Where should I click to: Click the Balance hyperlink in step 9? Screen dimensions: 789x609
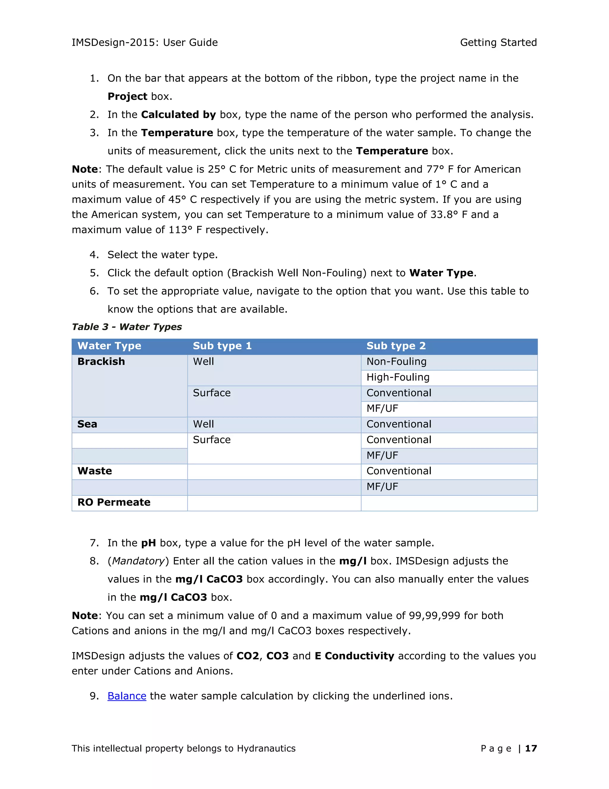(127, 696)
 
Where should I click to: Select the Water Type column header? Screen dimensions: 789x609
(109, 346)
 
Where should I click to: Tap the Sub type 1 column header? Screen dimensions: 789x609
(222, 346)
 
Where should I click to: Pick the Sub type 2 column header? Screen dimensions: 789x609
(396, 346)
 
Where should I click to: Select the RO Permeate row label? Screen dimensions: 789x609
(114, 502)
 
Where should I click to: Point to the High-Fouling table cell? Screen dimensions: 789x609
(398, 377)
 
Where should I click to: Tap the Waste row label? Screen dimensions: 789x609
(95, 471)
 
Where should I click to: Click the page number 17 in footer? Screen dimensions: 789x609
(531, 748)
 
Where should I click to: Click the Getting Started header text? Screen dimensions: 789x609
(498, 42)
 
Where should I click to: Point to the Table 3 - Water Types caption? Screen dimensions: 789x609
(127, 327)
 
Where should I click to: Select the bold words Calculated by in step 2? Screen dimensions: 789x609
(178, 115)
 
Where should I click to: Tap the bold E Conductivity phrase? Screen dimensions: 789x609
(354, 656)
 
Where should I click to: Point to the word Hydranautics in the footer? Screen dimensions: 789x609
(266, 748)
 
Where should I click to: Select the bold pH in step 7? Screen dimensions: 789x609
(148, 542)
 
